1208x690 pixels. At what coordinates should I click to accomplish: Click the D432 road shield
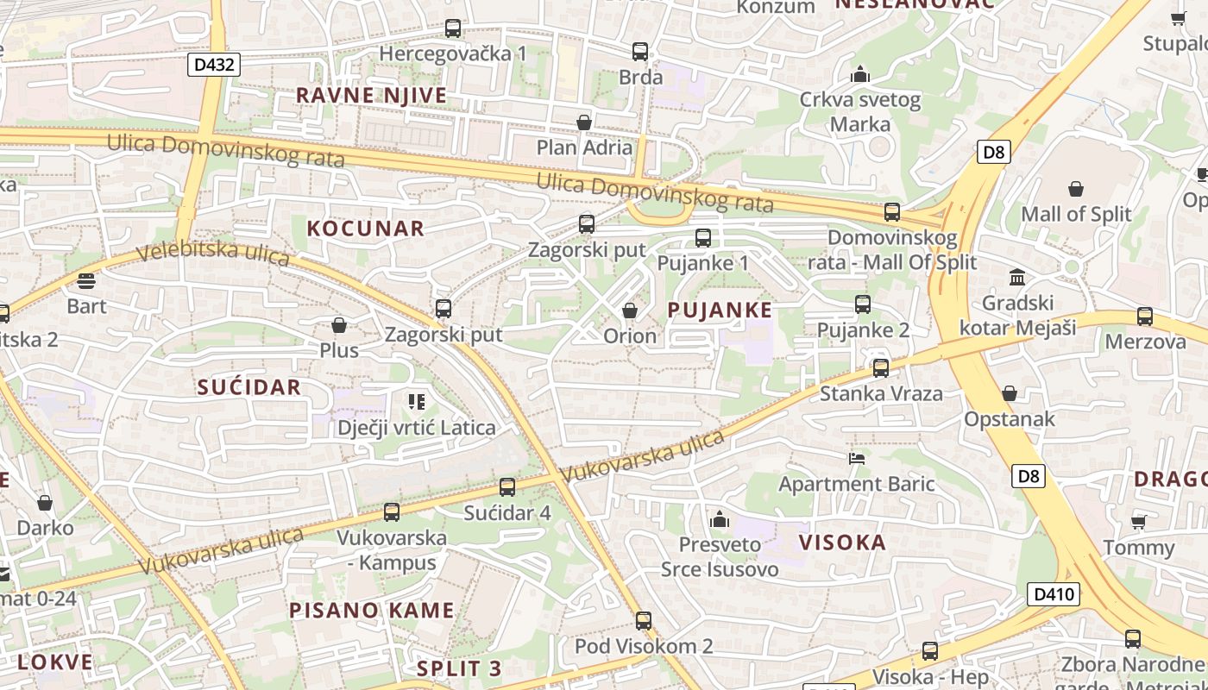coord(213,64)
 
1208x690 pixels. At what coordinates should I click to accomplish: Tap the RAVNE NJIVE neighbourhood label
coord(372,95)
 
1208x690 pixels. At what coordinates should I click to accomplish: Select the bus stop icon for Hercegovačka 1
coord(453,28)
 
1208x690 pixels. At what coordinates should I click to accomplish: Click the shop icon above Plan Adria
coord(584,122)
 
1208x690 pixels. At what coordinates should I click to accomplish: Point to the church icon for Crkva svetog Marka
coord(859,75)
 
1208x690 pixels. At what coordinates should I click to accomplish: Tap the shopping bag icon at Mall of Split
coord(1076,189)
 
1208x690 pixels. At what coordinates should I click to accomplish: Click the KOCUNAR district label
coord(366,229)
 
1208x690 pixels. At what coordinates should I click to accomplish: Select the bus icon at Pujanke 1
coord(703,238)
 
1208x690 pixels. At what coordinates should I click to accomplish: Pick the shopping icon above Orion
coord(630,310)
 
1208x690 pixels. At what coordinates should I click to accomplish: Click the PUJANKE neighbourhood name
coord(720,310)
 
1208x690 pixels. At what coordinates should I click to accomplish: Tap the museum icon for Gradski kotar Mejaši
coord(1017,278)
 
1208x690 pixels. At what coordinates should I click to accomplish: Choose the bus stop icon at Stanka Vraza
coord(881,368)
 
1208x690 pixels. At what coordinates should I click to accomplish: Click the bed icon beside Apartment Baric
coord(857,459)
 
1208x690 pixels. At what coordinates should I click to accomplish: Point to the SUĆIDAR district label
coord(249,387)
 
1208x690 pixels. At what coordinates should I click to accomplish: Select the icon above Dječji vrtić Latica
coord(417,402)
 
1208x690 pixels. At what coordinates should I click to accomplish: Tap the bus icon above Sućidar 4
coord(507,487)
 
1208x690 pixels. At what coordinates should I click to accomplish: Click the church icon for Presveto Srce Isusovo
coord(719,519)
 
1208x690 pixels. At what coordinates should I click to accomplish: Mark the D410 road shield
coord(1054,593)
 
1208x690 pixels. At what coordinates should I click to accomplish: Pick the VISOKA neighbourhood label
coord(842,543)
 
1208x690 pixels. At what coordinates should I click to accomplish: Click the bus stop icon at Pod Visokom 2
coord(644,621)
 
